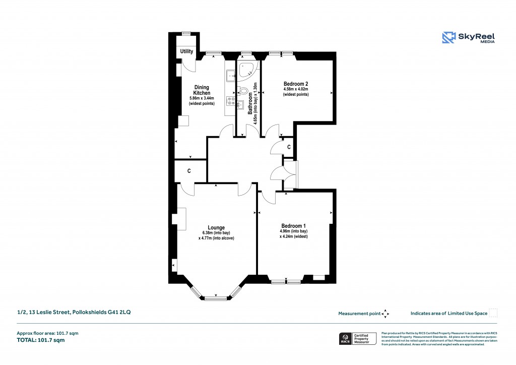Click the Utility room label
[x=186, y=51]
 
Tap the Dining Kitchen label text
[x=202, y=90]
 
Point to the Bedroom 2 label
[x=295, y=84]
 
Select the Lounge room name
[x=216, y=227]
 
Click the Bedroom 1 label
[x=293, y=226]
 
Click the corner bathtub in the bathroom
[x=247, y=70]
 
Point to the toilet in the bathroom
[x=244, y=92]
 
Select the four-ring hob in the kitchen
[x=230, y=101]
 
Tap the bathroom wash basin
[x=241, y=105]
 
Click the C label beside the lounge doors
[x=189, y=171]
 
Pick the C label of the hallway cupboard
[x=289, y=147]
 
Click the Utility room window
[x=186, y=34]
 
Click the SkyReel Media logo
[x=469, y=38]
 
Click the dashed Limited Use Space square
[x=493, y=313]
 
